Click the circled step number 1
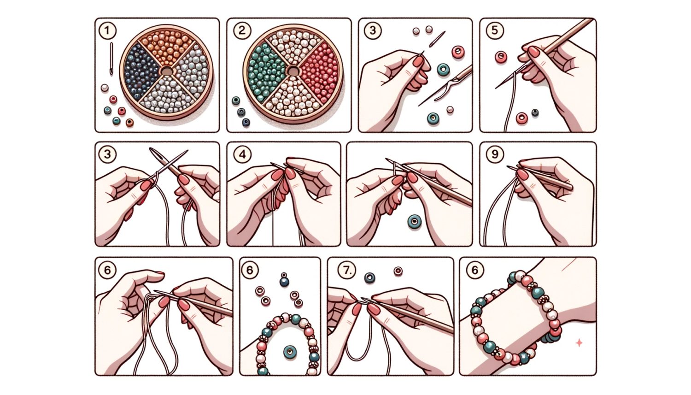[x=107, y=30]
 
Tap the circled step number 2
[x=242, y=30]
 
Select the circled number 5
[x=495, y=30]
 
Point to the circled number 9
[x=495, y=153]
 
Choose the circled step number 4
[x=242, y=154]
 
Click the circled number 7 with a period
[x=347, y=271]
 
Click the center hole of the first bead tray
[x=167, y=71]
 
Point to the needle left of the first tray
[x=111, y=59]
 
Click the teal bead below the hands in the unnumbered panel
[x=414, y=222]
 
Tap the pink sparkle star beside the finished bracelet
[x=579, y=343]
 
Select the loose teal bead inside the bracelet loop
[x=290, y=352]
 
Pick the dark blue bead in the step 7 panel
[x=369, y=277]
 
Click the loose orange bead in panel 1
[x=130, y=123]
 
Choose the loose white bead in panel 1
[x=105, y=88]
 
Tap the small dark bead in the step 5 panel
[x=535, y=112]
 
